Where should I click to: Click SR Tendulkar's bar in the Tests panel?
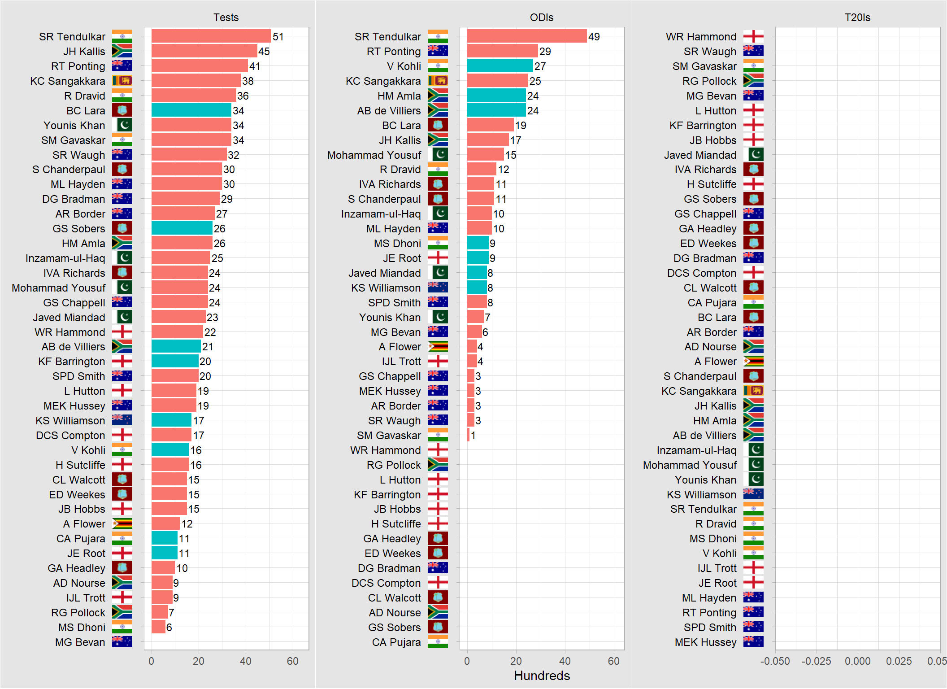211,36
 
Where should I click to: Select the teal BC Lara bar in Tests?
191,110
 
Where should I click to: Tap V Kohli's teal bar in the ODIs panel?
500,66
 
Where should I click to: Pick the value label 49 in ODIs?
594,37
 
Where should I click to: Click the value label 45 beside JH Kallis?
264,52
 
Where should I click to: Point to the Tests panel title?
226,17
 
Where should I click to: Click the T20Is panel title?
857,17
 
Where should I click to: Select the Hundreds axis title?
542,676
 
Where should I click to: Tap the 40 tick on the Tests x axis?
246,661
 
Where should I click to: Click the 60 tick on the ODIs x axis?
613,661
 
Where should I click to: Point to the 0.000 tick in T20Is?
857,661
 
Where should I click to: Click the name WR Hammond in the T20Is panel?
701,37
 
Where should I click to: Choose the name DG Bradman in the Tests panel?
74,199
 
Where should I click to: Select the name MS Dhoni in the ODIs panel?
397,244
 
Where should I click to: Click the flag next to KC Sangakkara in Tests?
122,81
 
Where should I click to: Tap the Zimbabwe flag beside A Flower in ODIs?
438,347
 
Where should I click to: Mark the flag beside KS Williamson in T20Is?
753,494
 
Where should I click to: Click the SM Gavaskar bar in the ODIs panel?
468,435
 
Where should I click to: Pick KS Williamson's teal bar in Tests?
171,420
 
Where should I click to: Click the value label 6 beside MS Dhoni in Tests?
169,627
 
